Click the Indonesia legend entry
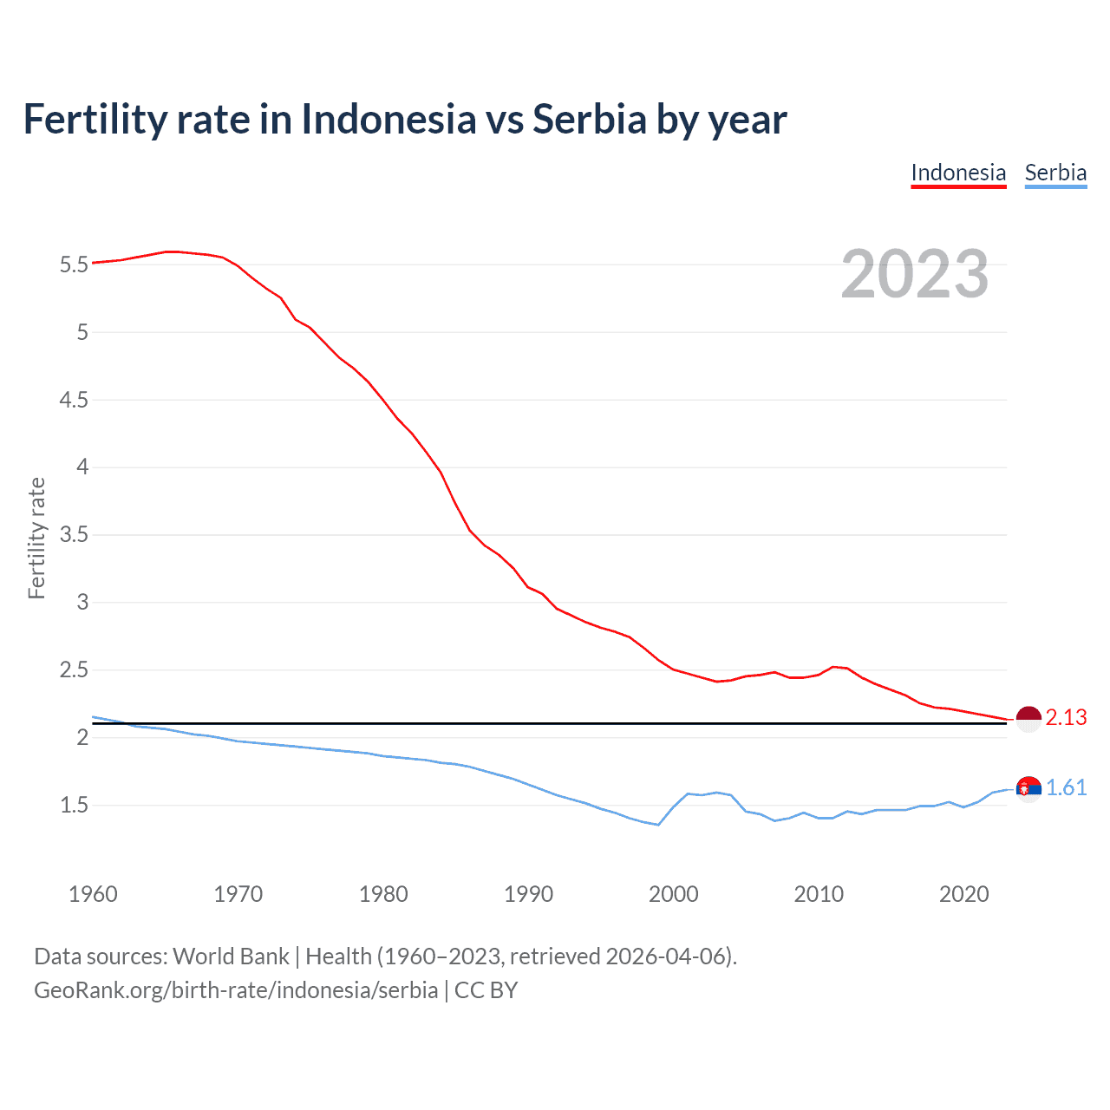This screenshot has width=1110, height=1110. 958,173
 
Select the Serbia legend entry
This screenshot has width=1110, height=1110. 1055,173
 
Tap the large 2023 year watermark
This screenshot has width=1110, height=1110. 915,274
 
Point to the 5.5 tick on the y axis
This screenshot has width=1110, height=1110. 75,264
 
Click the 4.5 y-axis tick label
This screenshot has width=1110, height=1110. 75,400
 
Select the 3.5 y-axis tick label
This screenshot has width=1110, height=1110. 75,535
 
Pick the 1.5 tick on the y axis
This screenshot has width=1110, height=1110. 75,806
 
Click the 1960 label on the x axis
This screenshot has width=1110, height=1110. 93,894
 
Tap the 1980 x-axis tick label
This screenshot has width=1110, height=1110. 383,894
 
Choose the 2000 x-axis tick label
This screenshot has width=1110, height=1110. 674,894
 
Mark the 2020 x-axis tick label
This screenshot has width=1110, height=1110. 963,894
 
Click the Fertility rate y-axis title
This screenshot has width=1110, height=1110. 36,538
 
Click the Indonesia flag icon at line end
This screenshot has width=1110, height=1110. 1028,719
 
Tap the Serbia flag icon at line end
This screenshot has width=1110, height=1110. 1028,788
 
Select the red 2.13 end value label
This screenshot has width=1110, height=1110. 1066,718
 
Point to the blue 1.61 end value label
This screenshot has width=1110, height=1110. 1066,787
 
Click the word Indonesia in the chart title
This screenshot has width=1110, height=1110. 388,120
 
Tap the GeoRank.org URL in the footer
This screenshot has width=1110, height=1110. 236,990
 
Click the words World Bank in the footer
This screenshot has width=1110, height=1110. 231,957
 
